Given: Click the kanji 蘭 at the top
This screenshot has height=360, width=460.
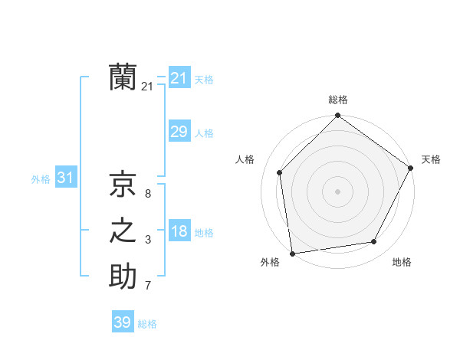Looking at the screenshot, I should (123, 77).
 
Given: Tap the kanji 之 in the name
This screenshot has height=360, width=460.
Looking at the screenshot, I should (123, 231).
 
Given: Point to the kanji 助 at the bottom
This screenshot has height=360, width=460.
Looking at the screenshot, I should (123, 276).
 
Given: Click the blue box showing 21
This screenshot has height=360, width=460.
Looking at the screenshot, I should (179, 78).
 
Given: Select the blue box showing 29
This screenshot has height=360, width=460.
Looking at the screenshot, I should (179, 132).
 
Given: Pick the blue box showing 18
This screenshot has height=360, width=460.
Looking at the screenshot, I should (179, 231).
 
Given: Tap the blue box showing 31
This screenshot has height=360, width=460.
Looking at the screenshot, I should (65, 178).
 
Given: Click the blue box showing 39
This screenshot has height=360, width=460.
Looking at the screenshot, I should (123, 322).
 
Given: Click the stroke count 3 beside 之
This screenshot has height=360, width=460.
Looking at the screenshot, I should (147, 240).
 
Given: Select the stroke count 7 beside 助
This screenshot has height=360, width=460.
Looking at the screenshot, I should (147, 286).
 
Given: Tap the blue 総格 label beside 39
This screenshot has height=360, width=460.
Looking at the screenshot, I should (147, 324).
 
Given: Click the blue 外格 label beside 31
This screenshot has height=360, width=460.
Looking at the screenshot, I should (41, 179).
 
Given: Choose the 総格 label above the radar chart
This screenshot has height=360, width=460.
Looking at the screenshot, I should (337, 100).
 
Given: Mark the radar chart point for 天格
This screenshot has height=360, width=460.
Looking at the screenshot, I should (411, 168).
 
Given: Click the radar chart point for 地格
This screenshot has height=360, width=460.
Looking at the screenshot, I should (374, 241).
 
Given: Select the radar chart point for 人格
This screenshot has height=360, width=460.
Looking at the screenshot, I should (280, 172).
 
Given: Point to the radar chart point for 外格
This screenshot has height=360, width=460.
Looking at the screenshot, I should (292, 253).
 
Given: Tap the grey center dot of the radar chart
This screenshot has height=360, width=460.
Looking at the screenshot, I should (337, 191).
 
